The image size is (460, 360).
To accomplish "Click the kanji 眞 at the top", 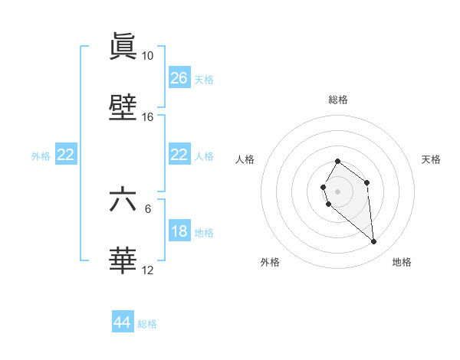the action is coord(123,47).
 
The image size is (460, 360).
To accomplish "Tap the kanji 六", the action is coord(123,200).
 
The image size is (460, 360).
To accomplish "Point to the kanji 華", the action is coord(123,261).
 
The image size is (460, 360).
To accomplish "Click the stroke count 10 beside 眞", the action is coord(147,56).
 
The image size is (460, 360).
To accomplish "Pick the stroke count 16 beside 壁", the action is coord(147,117).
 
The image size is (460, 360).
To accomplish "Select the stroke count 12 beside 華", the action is coord(147,270).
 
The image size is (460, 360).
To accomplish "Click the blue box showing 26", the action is coord(179,77).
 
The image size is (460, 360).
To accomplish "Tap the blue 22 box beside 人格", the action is coord(179,155).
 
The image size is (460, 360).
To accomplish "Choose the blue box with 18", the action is coord(179,231).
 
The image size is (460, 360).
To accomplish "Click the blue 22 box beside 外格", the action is coord(65,155).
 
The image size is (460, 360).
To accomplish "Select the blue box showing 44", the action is coord(122,322).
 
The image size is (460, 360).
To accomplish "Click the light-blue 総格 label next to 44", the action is coord(147,324).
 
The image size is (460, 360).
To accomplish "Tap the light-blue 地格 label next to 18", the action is coord(204,233).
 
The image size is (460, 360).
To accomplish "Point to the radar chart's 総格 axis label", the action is coord(337,100).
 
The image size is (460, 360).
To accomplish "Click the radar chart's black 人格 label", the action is coord(245,159).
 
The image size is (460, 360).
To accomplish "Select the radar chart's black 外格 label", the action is coord(270,262).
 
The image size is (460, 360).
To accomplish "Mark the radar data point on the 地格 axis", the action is coord(374,242).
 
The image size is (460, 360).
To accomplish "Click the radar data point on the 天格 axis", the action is coord(367,182).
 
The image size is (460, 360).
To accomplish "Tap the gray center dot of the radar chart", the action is coord(337,191).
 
